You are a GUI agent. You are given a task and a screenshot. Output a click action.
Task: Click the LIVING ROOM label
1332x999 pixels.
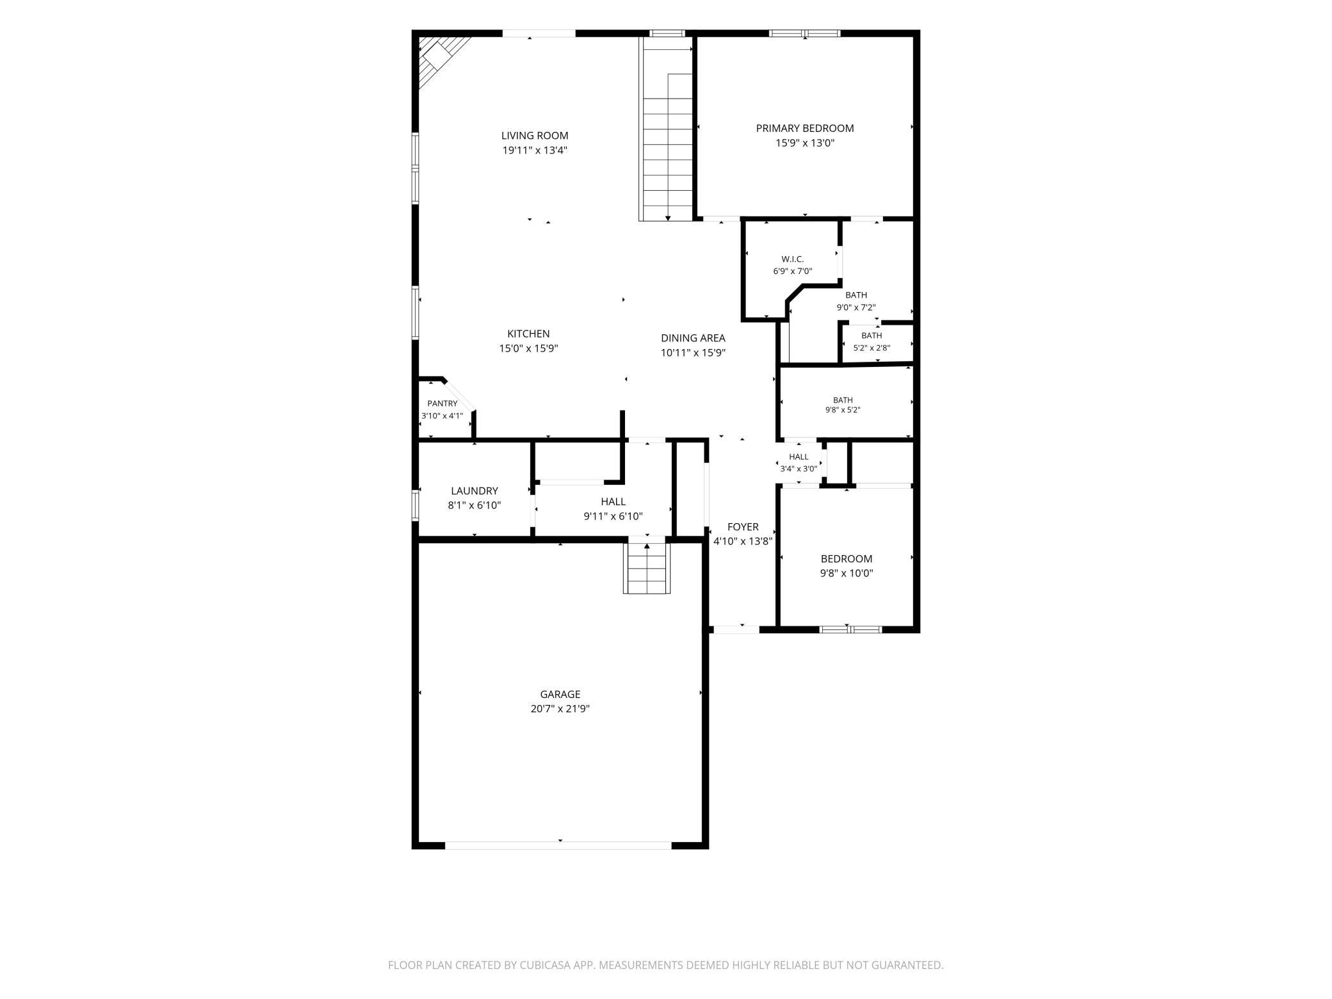click(x=535, y=136)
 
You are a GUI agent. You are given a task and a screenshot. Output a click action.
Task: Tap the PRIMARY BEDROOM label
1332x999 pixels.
click(x=805, y=128)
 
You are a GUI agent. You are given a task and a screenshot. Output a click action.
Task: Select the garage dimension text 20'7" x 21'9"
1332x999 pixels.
click(x=560, y=709)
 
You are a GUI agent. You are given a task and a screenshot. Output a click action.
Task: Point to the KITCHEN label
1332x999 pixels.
click(x=528, y=334)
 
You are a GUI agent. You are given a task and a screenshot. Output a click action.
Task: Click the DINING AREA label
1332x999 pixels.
click(x=693, y=338)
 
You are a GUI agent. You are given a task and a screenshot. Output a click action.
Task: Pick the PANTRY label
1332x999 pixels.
click(x=443, y=403)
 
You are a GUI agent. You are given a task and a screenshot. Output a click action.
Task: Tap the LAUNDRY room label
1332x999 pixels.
click(x=475, y=491)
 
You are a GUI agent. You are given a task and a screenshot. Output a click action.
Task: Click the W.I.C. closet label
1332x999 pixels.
click(x=793, y=259)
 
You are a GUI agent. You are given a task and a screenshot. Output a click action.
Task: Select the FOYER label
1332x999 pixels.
click(x=743, y=527)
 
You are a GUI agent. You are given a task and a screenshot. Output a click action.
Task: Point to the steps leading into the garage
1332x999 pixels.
click(x=647, y=568)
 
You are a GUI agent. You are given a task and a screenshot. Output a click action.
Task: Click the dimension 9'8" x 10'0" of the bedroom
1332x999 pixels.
click(x=847, y=574)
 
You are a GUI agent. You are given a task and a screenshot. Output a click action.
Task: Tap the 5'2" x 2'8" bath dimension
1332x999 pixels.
click(x=872, y=348)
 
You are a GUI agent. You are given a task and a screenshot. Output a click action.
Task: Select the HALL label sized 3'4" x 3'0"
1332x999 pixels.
click(x=799, y=457)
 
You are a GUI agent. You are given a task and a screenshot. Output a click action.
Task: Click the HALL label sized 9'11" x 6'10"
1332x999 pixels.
click(x=613, y=502)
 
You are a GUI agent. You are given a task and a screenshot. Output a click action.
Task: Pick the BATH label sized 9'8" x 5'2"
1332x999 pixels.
click(x=843, y=400)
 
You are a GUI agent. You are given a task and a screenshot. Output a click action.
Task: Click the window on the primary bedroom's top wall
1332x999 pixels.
click(x=805, y=33)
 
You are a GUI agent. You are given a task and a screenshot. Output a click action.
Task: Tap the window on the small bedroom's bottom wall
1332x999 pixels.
click(x=851, y=629)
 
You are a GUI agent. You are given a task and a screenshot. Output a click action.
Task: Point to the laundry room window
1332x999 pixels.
click(x=416, y=505)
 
